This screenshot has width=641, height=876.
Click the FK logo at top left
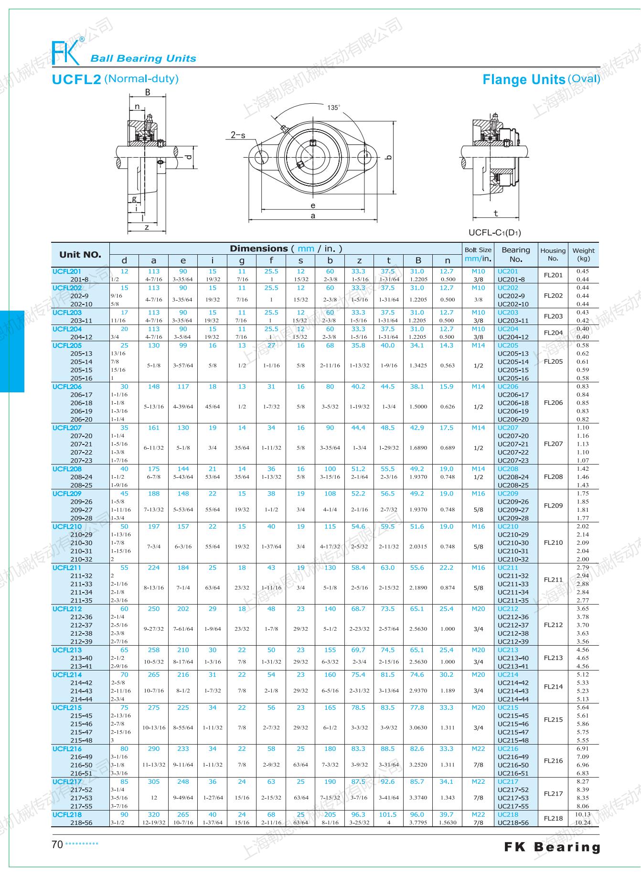[66, 52]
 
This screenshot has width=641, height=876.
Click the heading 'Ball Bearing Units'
[143, 59]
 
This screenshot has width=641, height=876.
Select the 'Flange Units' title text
[523, 79]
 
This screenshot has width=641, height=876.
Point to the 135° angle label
[333, 108]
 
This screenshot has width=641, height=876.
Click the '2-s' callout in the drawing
[238, 135]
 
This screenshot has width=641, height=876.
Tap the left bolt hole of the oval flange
[261, 156]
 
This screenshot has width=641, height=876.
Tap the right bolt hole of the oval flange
[365, 156]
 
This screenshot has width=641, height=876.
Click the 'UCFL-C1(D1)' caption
[494, 233]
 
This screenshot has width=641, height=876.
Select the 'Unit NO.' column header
[80, 255]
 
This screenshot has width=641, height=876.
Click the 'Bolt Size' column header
[478, 250]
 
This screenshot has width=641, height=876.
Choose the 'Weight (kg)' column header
[583, 254]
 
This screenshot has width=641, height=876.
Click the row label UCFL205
[67, 346]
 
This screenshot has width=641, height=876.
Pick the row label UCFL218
[67, 814]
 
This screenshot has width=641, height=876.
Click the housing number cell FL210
[553, 543]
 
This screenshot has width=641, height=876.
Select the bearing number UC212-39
[513, 642]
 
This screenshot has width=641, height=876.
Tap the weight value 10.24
[582, 823]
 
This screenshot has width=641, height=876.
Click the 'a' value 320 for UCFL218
[153, 814]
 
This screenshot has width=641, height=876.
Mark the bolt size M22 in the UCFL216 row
[478, 749]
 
